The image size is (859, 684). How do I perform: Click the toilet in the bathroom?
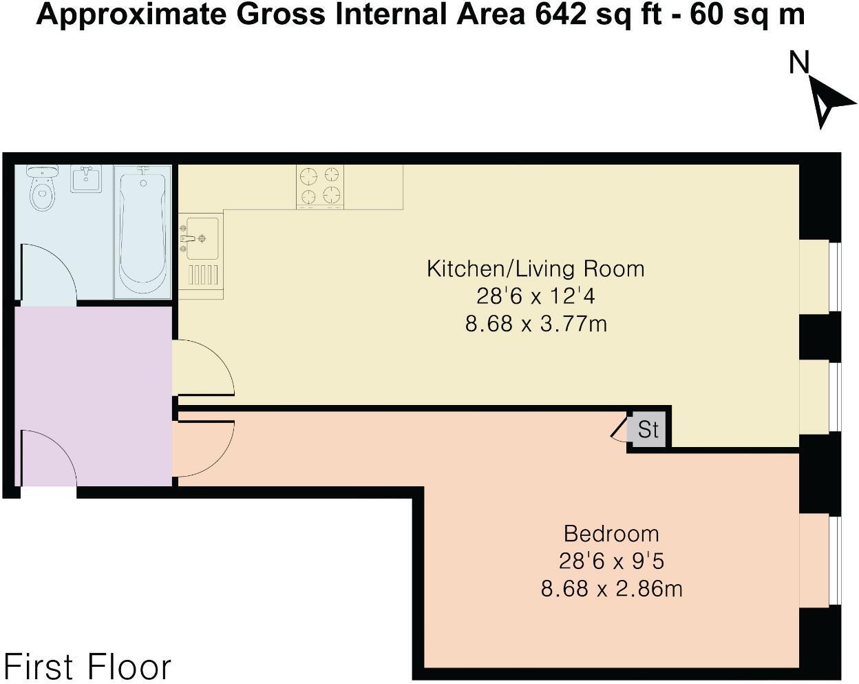(42, 188)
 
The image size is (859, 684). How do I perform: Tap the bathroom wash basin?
(86, 179)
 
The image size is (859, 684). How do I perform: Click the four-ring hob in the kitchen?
(320, 187)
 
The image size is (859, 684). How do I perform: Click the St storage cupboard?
(648, 430)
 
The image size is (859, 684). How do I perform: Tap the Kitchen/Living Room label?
(535, 269)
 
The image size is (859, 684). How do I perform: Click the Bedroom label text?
(611, 534)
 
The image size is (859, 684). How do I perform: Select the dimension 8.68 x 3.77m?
(536, 324)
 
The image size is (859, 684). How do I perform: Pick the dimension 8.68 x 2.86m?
(611, 589)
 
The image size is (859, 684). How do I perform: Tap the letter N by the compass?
(799, 63)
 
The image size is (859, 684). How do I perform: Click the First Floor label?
(87, 634)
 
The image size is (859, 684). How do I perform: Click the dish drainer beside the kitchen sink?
(203, 275)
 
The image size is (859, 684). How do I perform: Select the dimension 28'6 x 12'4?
(535, 296)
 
